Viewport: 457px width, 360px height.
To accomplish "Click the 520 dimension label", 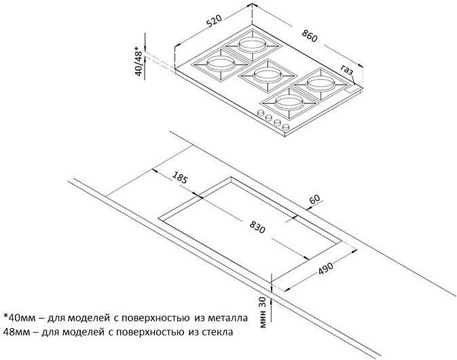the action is (214, 20).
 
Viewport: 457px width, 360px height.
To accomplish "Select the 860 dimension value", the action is (309, 36).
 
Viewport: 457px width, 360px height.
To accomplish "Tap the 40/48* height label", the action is (139, 61).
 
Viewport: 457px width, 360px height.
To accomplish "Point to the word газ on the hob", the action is (347, 70).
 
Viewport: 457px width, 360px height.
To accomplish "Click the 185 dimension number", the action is (179, 177).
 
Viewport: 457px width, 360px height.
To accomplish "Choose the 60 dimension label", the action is (314, 200).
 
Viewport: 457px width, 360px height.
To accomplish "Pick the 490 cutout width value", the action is (325, 268).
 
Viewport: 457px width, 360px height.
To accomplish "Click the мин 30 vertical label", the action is (263, 312).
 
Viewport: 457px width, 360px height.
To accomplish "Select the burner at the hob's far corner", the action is (253, 46).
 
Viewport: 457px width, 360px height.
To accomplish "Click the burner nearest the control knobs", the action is (289, 103).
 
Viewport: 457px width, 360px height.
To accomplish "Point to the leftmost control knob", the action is (261, 113).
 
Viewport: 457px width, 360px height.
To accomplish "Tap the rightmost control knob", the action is (286, 126).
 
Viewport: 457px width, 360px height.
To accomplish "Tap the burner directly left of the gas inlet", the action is (319, 84).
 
